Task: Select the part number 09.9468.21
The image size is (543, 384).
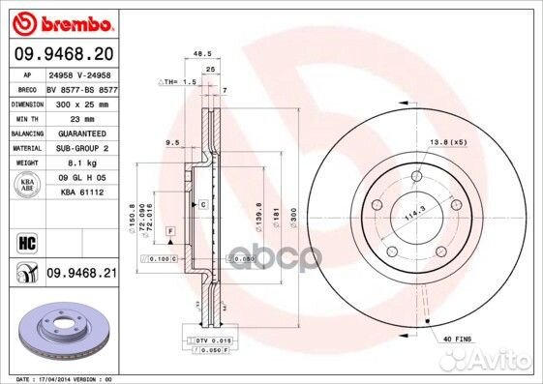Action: click(x=80, y=274)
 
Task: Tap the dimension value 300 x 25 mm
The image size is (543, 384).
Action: click(x=80, y=102)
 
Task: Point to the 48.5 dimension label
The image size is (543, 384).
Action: click(x=202, y=54)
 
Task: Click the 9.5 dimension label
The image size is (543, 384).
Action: click(x=174, y=142)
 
